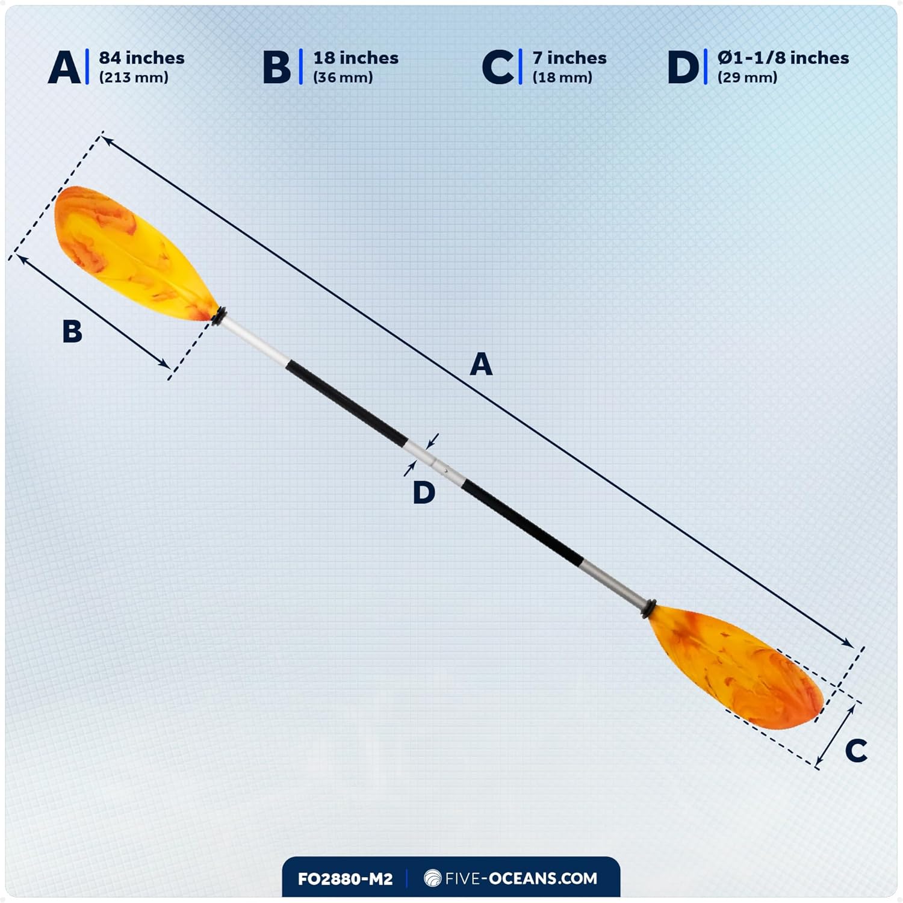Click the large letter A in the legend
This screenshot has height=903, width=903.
pos(64,67)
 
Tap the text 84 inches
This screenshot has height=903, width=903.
pos(141,58)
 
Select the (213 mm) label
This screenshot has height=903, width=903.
pos(134,78)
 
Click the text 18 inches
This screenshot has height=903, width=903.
pos(356,58)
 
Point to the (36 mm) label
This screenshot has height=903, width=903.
pos(343,78)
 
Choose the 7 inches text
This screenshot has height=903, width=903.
pos(569,58)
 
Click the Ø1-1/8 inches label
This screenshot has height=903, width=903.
pos(783,58)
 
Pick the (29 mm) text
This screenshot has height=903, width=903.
pos(747,78)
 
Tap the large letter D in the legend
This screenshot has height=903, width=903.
pos(683,67)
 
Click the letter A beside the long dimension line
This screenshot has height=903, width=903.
pos(481,364)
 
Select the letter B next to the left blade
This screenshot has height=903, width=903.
pos(72,331)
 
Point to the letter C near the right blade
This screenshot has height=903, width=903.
pos(855,751)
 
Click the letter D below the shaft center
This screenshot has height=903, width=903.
pos(424,493)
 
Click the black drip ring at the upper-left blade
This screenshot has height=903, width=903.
pos(219,316)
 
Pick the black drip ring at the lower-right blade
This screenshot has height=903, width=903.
pos(649,608)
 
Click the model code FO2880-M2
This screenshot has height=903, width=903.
pos(345,879)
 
